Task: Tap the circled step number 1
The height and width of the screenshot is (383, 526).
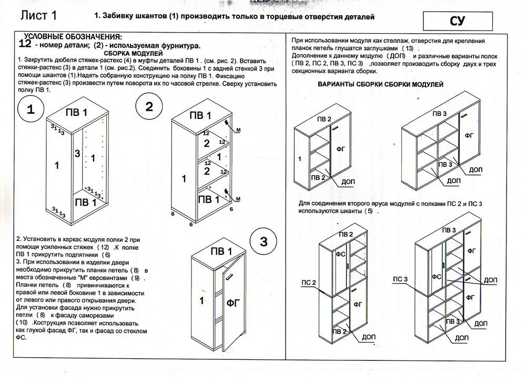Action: coord(31,110)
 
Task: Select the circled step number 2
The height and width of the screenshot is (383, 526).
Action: coord(149,107)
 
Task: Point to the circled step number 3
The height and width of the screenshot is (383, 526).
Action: coord(264,242)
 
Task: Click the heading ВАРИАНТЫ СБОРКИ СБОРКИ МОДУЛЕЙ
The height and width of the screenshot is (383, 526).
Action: coord(380,85)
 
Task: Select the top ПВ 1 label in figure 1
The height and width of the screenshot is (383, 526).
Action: coord(77,113)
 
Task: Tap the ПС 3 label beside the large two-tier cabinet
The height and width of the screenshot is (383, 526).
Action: coord(401,278)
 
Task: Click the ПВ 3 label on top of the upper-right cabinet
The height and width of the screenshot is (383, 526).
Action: coord(439,114)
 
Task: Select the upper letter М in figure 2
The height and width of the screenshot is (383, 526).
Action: coord(238,129)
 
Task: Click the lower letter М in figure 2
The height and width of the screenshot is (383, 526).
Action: coord(238,198)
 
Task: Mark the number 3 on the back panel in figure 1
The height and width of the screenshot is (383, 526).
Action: coord(77,154)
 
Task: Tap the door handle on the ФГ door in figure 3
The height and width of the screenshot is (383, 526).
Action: coord(230,275)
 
